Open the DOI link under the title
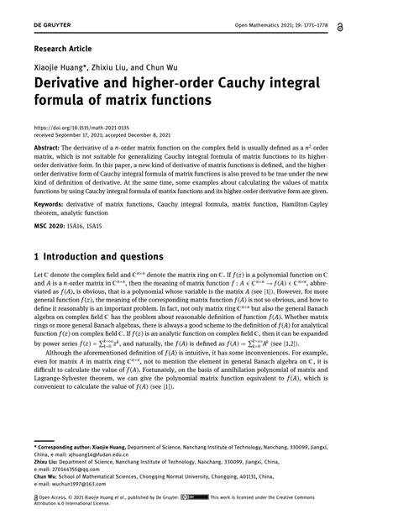(77, 127)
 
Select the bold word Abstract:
(50, 146)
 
